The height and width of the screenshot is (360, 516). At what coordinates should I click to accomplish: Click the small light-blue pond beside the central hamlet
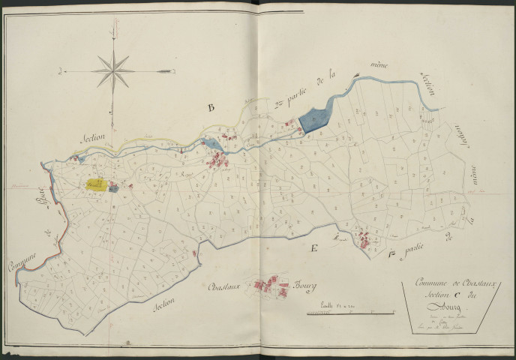[x=211, y=144]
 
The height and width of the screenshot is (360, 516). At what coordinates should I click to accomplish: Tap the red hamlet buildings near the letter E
[x=364, y=239]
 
